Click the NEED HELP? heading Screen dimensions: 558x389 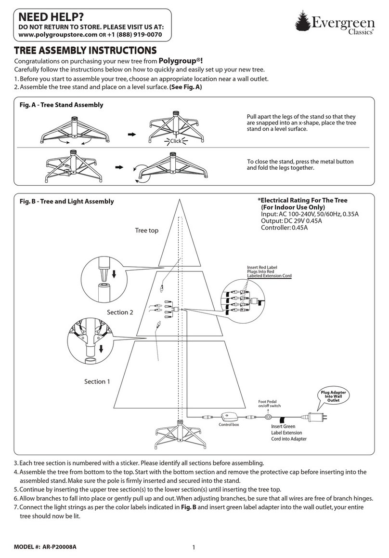pos(45,18)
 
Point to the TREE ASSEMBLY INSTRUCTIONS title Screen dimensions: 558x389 pos(85,51)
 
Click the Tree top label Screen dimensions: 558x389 pos(146,231)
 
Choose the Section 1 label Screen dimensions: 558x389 pos(97,381)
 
